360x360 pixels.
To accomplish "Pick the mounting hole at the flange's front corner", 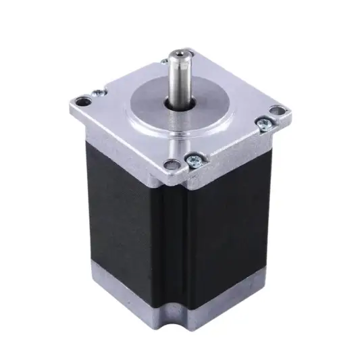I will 173,163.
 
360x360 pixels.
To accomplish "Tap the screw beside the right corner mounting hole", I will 263,123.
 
